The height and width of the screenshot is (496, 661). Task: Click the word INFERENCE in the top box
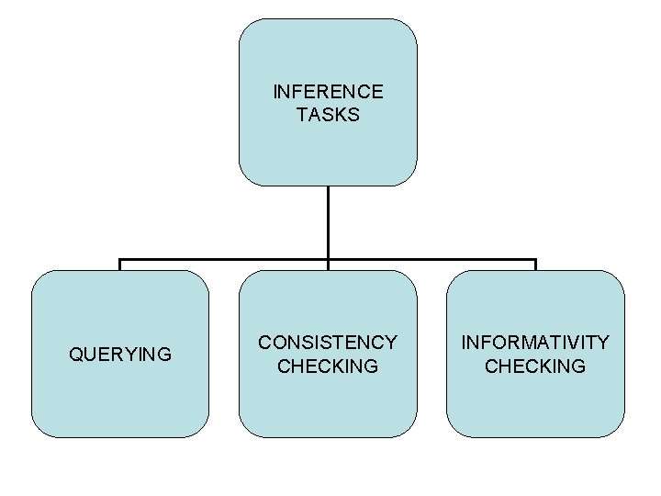328,92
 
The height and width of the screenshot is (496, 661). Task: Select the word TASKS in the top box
328,115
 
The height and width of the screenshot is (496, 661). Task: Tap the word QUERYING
120,354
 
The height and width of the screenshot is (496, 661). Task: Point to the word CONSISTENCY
328,343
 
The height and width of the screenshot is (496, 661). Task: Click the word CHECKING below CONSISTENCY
328,366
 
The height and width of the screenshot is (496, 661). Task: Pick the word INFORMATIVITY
535,343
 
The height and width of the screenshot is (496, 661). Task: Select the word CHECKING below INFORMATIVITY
535,366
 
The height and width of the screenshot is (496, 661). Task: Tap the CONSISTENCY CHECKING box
328,404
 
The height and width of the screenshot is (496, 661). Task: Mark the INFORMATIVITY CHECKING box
535,404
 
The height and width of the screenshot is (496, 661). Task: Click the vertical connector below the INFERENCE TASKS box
328,220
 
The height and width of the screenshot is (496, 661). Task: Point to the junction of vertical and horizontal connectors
328,260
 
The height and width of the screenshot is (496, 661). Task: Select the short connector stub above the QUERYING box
120,265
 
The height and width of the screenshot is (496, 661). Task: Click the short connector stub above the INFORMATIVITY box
535,265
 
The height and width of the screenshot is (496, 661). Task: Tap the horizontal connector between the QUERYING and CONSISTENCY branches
225,260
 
